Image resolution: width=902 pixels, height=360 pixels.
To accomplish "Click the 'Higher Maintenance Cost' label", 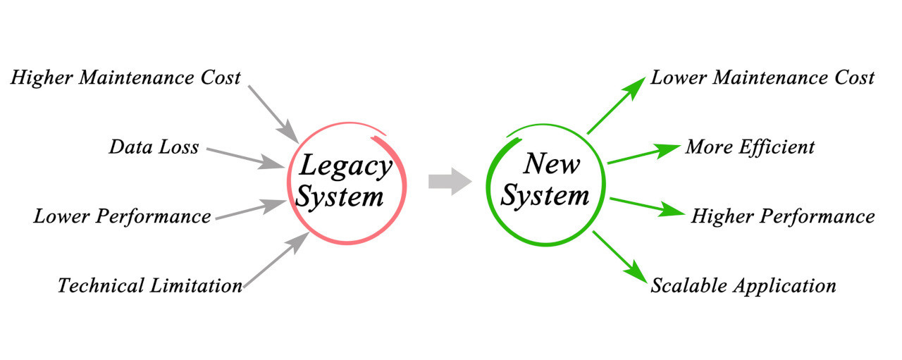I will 125,77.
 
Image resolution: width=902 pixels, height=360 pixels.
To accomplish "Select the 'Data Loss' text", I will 154,147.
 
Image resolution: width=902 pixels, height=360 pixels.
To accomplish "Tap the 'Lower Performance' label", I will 122,216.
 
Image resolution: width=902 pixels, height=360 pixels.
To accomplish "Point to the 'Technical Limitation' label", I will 149,285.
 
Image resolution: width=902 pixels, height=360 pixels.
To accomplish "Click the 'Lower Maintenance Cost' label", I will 762,77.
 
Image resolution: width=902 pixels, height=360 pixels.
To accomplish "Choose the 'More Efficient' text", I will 750,147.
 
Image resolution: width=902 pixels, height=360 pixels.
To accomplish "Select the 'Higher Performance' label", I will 782,216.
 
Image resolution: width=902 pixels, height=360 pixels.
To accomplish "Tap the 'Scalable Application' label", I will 743,285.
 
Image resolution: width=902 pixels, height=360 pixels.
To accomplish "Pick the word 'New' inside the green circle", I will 552,165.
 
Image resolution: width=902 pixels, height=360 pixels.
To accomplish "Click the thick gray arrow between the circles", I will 450,180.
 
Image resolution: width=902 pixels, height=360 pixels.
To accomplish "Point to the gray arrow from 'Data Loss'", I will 247,158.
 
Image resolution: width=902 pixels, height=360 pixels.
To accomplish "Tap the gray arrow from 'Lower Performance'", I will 250,211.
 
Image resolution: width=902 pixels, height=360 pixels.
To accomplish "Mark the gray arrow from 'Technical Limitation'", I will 277,261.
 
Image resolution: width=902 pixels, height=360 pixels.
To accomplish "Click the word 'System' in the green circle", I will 545,195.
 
